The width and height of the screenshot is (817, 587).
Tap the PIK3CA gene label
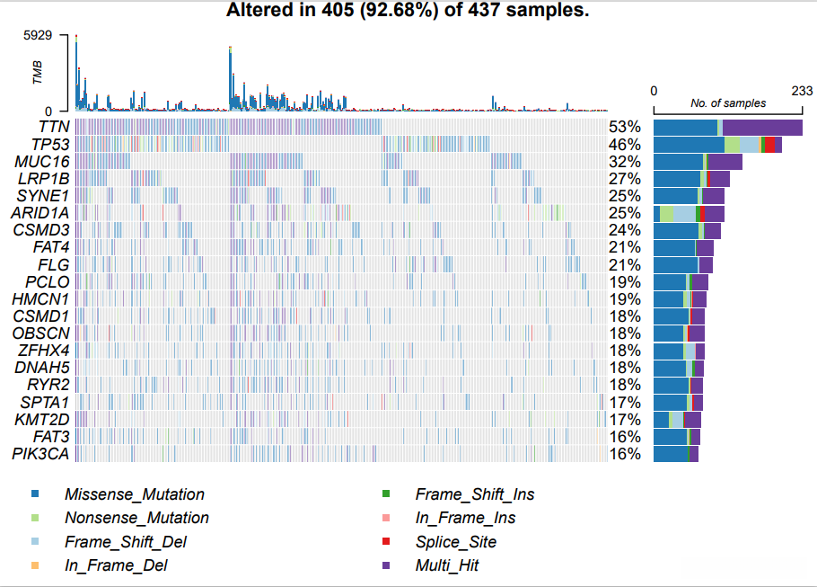point(40,454)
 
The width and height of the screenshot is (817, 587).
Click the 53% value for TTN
point(624,127)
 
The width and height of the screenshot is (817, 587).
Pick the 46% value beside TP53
point(624,145)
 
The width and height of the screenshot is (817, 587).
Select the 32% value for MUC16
point(624,162)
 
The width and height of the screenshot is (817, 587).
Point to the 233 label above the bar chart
point(801,91)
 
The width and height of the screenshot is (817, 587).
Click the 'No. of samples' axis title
point(728,103)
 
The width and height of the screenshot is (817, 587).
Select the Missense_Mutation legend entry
point(134,494)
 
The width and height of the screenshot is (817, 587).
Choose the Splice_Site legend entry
point(455,542)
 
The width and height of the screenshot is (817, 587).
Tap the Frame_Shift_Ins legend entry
point(474,494)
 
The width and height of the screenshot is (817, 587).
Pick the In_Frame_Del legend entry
point(116,566)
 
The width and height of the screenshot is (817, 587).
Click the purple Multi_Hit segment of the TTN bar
point(762,127)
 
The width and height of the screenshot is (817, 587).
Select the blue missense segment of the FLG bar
point(675,265)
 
